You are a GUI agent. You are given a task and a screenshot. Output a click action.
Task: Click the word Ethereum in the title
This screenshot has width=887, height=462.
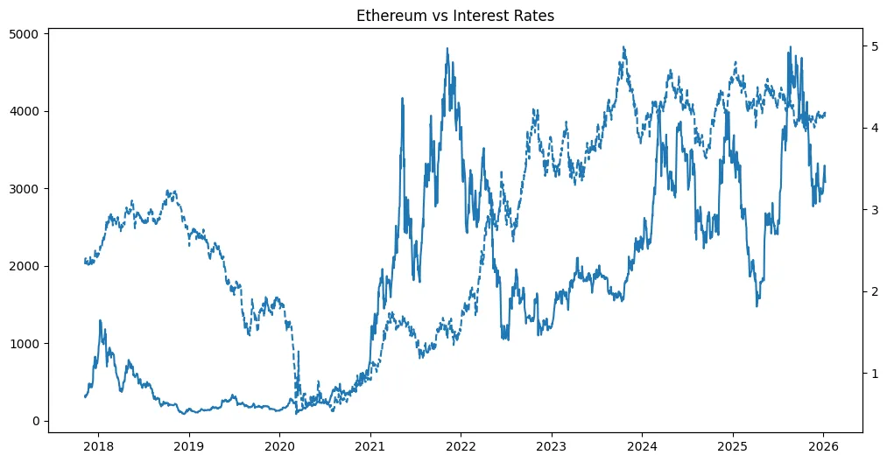(386, 15)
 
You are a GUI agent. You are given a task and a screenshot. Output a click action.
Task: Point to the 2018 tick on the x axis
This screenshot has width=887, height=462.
(98, 445)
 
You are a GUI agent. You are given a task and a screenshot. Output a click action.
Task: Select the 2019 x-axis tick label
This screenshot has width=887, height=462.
(188, 445)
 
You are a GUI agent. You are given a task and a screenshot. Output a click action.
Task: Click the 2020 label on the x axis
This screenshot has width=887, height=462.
(279, 445)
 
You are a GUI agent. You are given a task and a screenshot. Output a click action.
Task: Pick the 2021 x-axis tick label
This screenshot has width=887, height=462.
(370, 445)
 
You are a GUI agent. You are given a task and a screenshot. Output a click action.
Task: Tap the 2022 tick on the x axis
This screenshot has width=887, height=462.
(461, 445)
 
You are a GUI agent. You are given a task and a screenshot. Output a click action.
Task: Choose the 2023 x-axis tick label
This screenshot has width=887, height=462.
(552, 445)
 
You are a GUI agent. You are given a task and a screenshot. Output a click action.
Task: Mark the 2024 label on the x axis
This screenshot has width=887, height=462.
(642, 445)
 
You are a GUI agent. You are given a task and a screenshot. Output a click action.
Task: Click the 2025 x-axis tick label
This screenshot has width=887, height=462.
(733, 445)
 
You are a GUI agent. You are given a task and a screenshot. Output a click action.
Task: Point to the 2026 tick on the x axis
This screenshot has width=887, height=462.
(824, 445)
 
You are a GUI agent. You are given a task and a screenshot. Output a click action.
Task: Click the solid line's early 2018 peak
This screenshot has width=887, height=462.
(101, 320)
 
